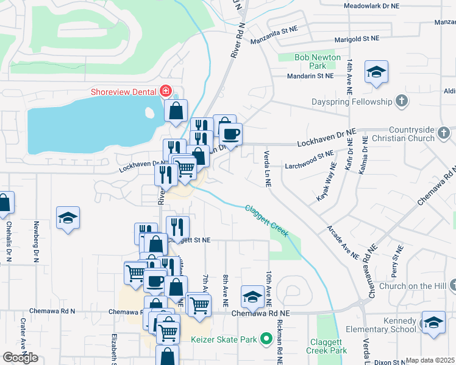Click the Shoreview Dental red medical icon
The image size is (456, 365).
tap(165, 91)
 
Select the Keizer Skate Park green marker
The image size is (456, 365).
tap(265, 338)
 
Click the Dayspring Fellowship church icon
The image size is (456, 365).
tap(402, 102)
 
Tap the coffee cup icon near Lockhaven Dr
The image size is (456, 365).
tap(230, 134)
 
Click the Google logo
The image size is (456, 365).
tap(20, 358)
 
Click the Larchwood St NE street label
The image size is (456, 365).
tap(309, 160)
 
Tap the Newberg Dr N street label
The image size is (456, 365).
tap(37, 241)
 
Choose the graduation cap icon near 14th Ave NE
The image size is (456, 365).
tap(377, 72)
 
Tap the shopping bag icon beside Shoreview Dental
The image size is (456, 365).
tap(176, 111)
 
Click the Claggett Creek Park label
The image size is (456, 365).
tap(327, 347)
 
